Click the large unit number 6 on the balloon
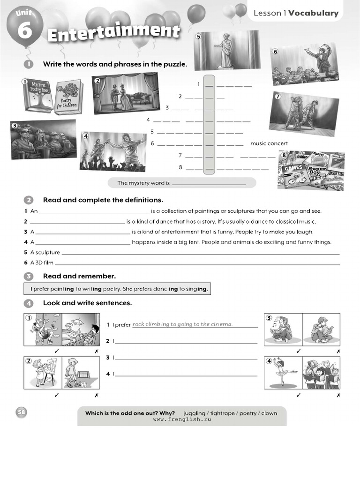click(x=24, y=30)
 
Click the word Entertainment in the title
click(x=114, y=33)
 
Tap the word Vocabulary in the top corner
click(x=313, y=13)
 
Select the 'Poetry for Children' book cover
click(x=68, y=97)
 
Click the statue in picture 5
click(x=225, y=51)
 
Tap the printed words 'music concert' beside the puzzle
click(x=269, y=143)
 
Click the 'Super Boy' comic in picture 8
click(x=317, y=171)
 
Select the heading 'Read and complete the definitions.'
click(x=103, y=200)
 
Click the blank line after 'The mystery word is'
click(x=209, y=183)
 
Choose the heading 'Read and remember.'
click(x=79, y=276)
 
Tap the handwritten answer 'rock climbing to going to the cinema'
click(x=182, y=324)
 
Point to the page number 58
click(x=22, y=412)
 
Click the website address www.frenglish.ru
click(x=182, y=420)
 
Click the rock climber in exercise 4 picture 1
click(x=44, y=330)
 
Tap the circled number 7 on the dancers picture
click(x=277, y=97)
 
